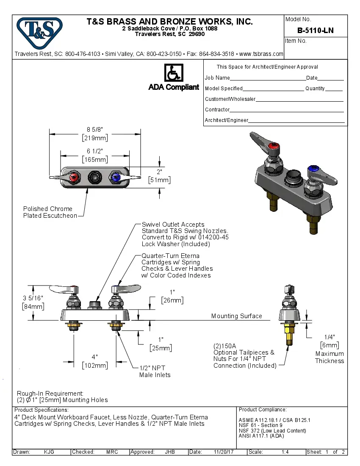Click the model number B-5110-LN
[315, 31]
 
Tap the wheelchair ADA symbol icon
[173, 73]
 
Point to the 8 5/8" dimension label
[95, 129]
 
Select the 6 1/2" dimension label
[95, 151]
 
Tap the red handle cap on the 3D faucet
[275, 149]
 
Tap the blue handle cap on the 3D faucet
[314, 170]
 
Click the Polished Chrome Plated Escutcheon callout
[50, 212]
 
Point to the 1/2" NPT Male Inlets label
[155, 371]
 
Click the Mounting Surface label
[236, 316]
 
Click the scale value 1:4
[285, 452]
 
